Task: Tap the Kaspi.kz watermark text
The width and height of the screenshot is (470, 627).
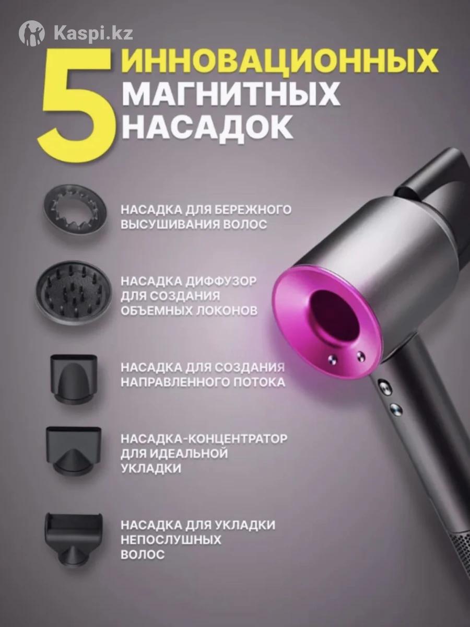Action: click(93, 33)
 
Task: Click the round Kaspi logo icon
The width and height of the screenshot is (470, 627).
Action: click(32, 33)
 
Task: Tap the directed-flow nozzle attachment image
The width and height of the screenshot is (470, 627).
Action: click(74, 379)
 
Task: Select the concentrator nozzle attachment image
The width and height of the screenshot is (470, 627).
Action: click(74, 451)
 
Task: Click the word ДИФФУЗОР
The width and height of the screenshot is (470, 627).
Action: click(221, 281)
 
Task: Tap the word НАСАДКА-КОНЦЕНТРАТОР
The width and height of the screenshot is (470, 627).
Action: click(204, 439)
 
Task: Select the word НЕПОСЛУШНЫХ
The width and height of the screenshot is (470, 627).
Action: click(171, 540)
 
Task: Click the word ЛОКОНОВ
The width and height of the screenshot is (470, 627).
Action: click(227, 311)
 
